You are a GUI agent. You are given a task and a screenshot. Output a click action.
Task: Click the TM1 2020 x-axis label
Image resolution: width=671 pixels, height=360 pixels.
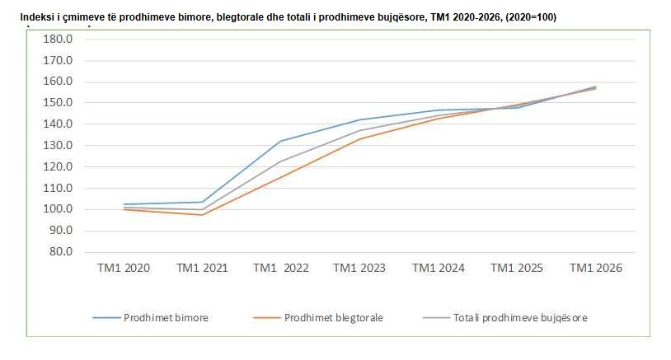123,268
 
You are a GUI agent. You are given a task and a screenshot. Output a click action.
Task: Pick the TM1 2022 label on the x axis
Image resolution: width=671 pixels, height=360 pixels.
281,268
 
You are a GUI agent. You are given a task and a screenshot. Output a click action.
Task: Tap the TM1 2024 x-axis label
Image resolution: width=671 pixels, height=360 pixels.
439,268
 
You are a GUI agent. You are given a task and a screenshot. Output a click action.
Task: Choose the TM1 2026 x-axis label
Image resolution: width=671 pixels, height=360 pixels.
596,268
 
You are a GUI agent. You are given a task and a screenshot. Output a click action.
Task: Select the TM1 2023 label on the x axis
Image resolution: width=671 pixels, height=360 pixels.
359,268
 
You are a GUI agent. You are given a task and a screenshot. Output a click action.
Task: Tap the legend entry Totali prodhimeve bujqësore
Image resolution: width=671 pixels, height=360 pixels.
520,317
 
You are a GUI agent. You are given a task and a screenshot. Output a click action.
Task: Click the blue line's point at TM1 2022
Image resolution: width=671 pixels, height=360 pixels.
281,141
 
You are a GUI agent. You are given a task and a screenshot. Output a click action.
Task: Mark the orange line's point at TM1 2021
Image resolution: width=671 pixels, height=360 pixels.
202,215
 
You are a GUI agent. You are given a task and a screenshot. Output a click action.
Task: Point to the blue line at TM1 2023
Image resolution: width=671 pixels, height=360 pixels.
359,119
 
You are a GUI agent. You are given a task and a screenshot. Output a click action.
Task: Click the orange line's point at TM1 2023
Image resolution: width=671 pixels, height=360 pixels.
359,138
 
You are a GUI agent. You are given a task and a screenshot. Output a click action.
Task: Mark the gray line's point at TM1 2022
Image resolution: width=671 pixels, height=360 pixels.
281,161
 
